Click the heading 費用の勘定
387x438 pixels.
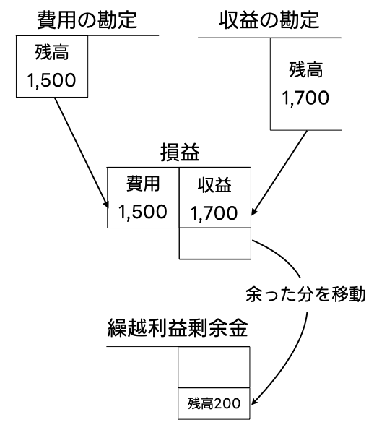coord(87,20)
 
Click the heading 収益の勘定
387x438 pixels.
coord(269,20)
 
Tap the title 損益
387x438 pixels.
coord(180,153)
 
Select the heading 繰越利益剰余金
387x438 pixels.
coord(178,327)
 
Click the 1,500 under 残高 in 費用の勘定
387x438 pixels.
coord(51,80)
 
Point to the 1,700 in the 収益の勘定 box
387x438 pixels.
coord(305,98)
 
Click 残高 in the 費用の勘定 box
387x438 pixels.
coord(52,52)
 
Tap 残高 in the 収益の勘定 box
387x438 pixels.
coord(306,70)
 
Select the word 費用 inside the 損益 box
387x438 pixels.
coord(143,184)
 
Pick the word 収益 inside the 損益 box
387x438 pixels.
coord(214,185)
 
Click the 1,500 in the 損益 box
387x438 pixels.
coord(143,212)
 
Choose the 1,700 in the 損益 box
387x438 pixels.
coord(214,213)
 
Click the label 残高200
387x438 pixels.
coord(214,403)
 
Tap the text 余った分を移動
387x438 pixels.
coord(305,295)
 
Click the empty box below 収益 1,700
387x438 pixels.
coord(215,244)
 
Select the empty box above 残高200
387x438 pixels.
coord(214,367)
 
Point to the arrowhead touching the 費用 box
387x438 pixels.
coord(105,205)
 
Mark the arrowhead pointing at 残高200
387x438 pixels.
coord(254,401)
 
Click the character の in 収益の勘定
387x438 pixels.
coord(269,21)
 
